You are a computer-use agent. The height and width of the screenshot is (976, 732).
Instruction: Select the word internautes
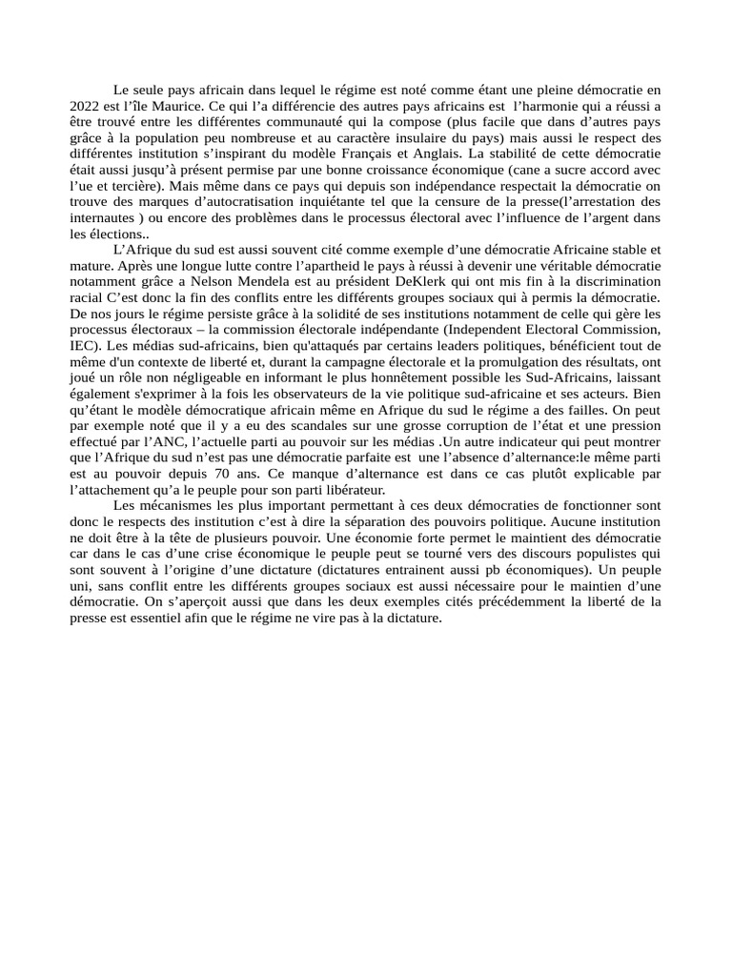103,218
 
